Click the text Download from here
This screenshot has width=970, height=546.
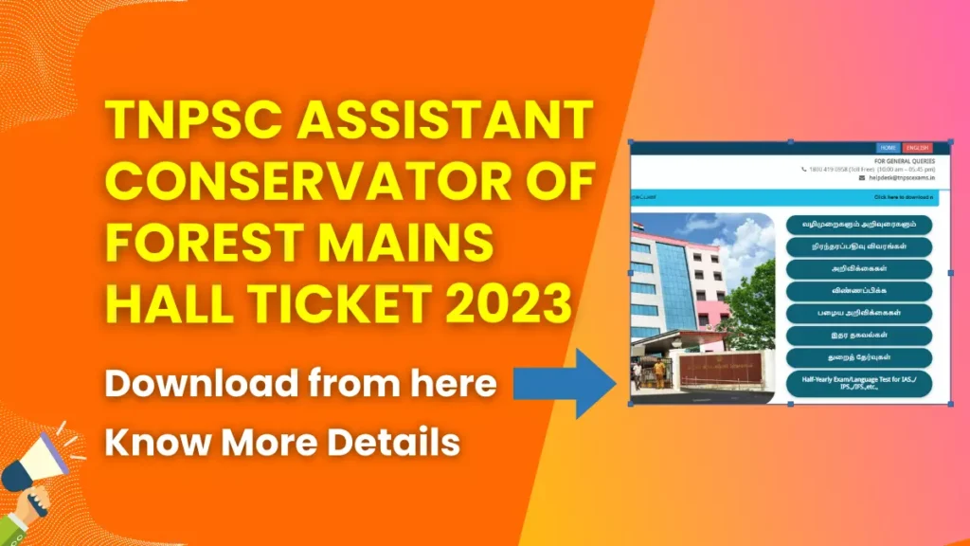[x=301, y=383]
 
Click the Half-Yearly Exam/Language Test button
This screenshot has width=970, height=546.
[x=859, y=384]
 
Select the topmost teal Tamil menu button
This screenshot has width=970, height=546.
[x=859, y=225]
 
